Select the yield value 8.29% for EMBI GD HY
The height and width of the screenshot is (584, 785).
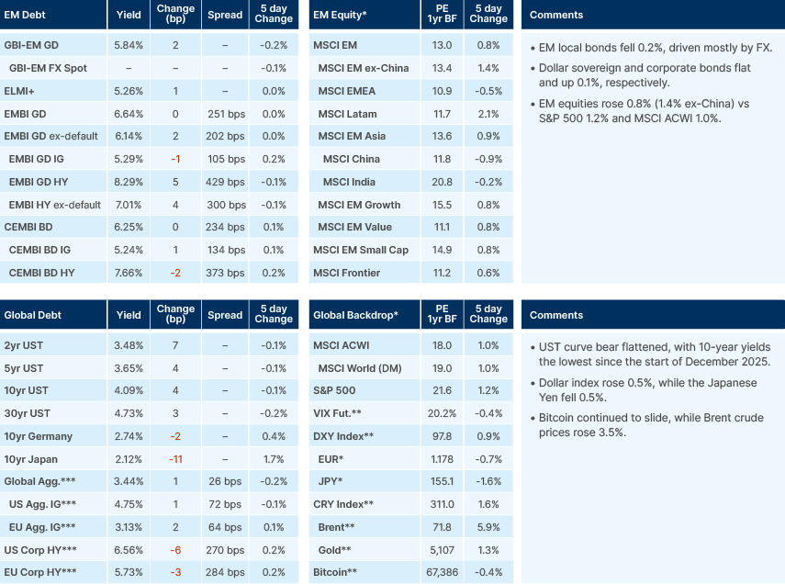pyautogui.click(x=129, y=182)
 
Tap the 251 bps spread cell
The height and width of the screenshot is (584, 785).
pyautogui.click(x=225, y=114)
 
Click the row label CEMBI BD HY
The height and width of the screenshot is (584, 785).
pyautogui.click(x=43, y=273)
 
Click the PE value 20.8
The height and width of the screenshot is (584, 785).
pyautogui.click(x=441, y=182)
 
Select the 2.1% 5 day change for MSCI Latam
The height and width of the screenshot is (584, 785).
pyautogui.click(x=488, y=114)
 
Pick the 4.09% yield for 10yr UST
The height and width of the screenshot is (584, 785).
pyautogui.click(x=129, y=391)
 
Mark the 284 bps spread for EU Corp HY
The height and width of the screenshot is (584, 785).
pyautogui.click(x=225, y=572)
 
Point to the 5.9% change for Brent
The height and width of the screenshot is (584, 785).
pyautogui.click(x=488, y=527)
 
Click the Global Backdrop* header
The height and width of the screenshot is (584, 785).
pyautogui.click(x=356, y=315)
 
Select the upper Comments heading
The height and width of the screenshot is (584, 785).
pyautogui.click(x=556, y=15)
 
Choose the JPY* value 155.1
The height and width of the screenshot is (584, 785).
pyautogui.click(x=441, y=481)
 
